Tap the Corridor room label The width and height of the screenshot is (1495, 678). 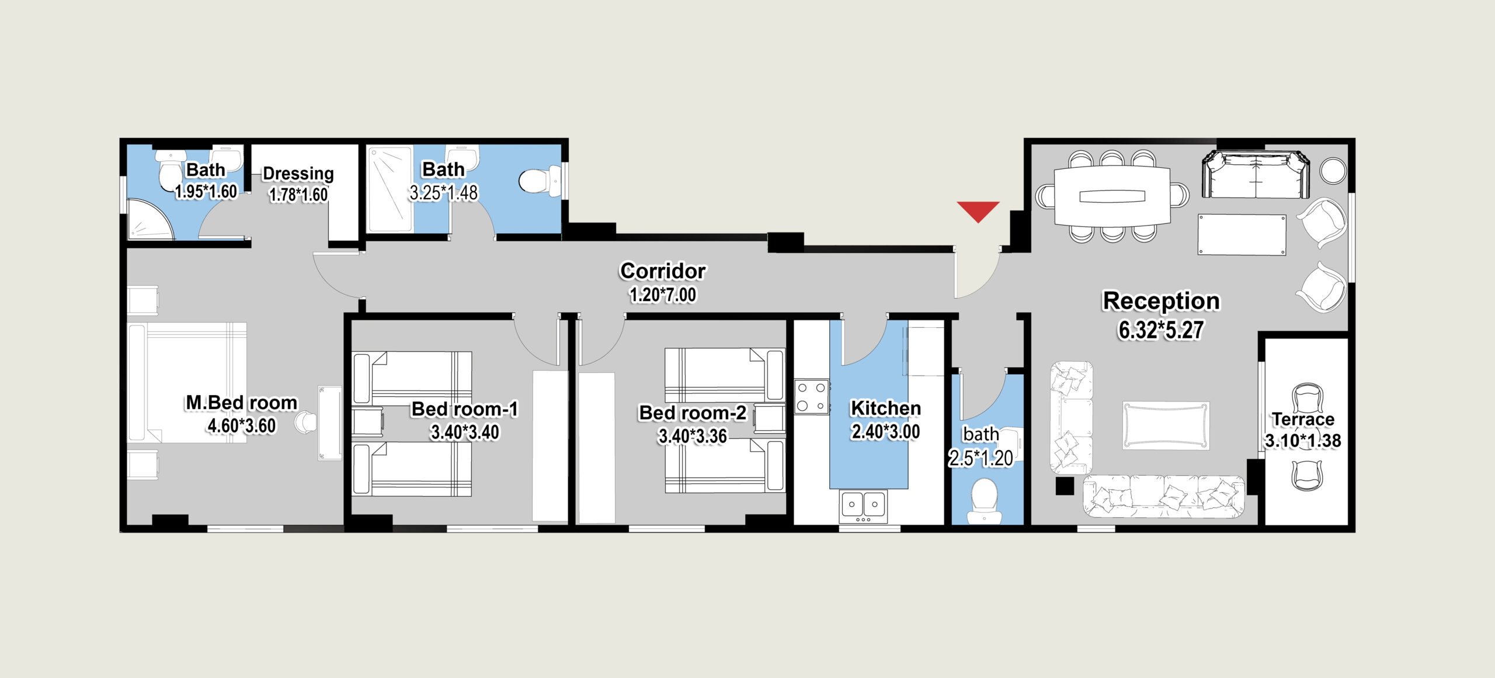pos(663,271)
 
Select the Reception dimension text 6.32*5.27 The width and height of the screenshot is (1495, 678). pos(1161,330)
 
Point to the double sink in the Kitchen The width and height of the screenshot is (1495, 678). pos(863,506)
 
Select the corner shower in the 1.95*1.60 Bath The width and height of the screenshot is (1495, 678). pos(151,219)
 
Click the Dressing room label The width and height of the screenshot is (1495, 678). pos(298,174)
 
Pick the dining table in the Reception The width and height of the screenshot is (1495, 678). pos(1112,196)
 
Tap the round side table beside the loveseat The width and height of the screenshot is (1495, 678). pos(1333,171)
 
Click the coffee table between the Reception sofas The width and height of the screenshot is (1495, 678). pos(1166,425)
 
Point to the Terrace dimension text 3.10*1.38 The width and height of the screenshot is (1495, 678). pos(1303,441)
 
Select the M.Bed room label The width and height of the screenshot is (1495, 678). pos(242,403)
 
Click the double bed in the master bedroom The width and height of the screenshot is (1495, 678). pos(187,383)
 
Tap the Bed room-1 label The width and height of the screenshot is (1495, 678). pos(465,409)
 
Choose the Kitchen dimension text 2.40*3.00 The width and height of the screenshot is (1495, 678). pos(886,432)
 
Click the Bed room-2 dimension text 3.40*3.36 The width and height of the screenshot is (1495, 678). pos(693,436)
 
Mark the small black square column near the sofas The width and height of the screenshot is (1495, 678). pos(1065,486)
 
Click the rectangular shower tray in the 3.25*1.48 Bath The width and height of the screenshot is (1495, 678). pos(390,189)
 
